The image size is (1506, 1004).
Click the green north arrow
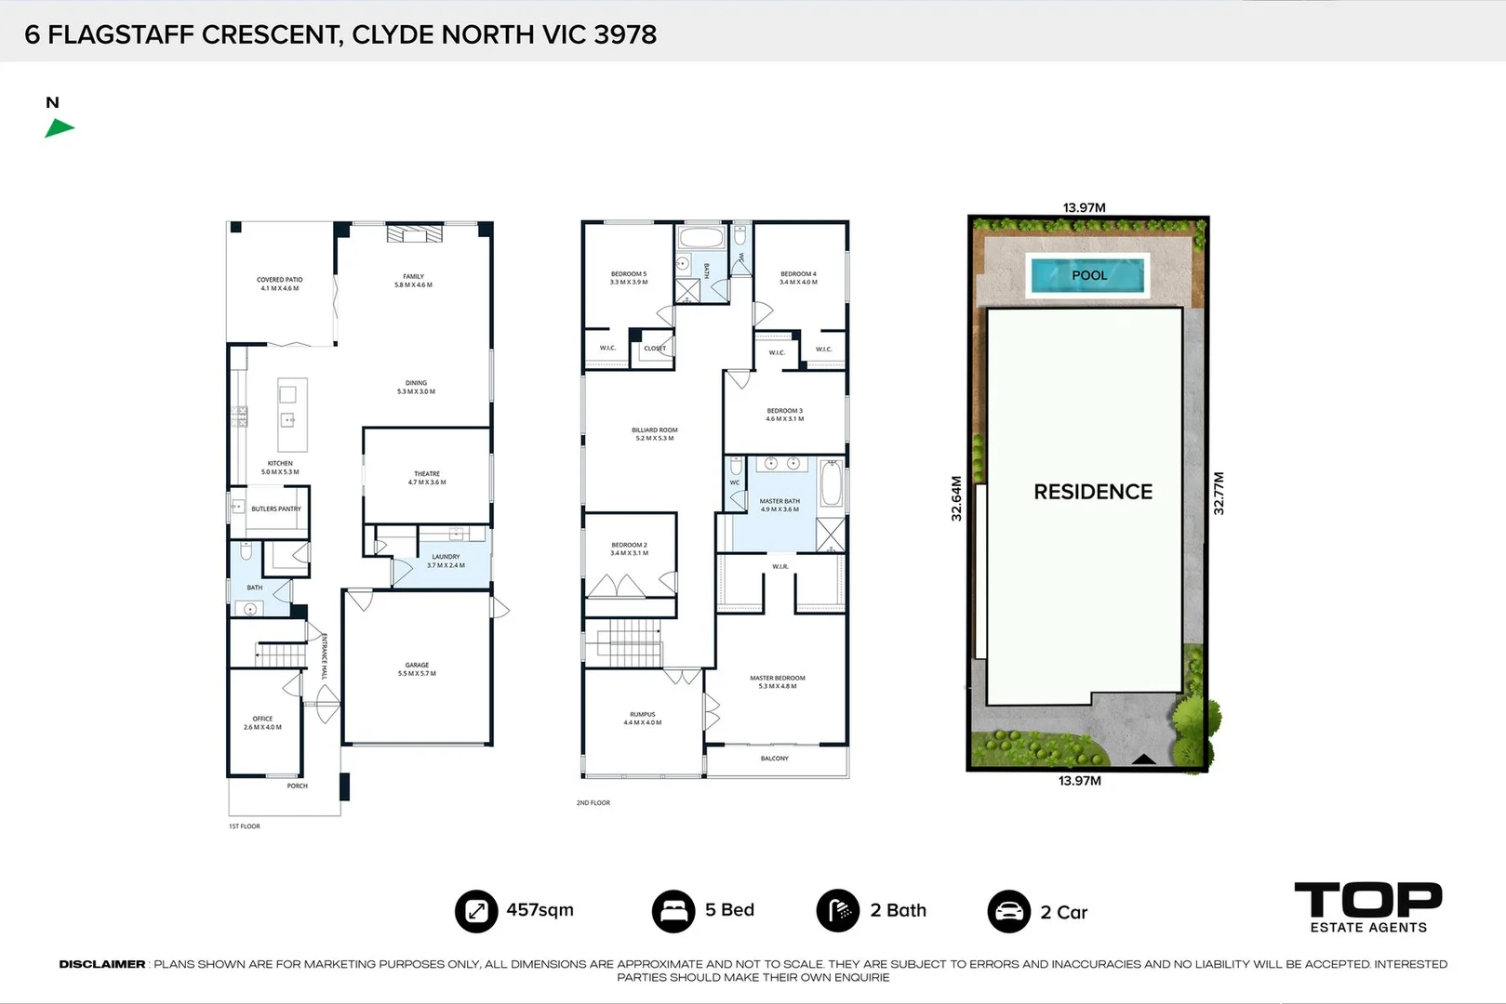(59, 128)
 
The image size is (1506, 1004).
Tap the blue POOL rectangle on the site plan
(1088, 275)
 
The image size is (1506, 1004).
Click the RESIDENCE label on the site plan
(1093, 492)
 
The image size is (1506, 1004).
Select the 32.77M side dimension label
(1219, 494)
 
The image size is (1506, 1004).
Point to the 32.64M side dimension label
(956, 498)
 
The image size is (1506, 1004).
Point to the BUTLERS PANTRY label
(276, 509)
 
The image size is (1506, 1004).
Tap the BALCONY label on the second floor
(774, 759)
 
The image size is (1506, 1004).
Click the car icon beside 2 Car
(1008, 912)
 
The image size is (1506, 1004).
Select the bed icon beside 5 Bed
(673, 911)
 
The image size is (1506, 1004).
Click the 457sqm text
(540, 910)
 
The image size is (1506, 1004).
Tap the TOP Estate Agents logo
(1367, 907)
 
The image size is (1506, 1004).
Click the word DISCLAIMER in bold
(102, 964)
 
